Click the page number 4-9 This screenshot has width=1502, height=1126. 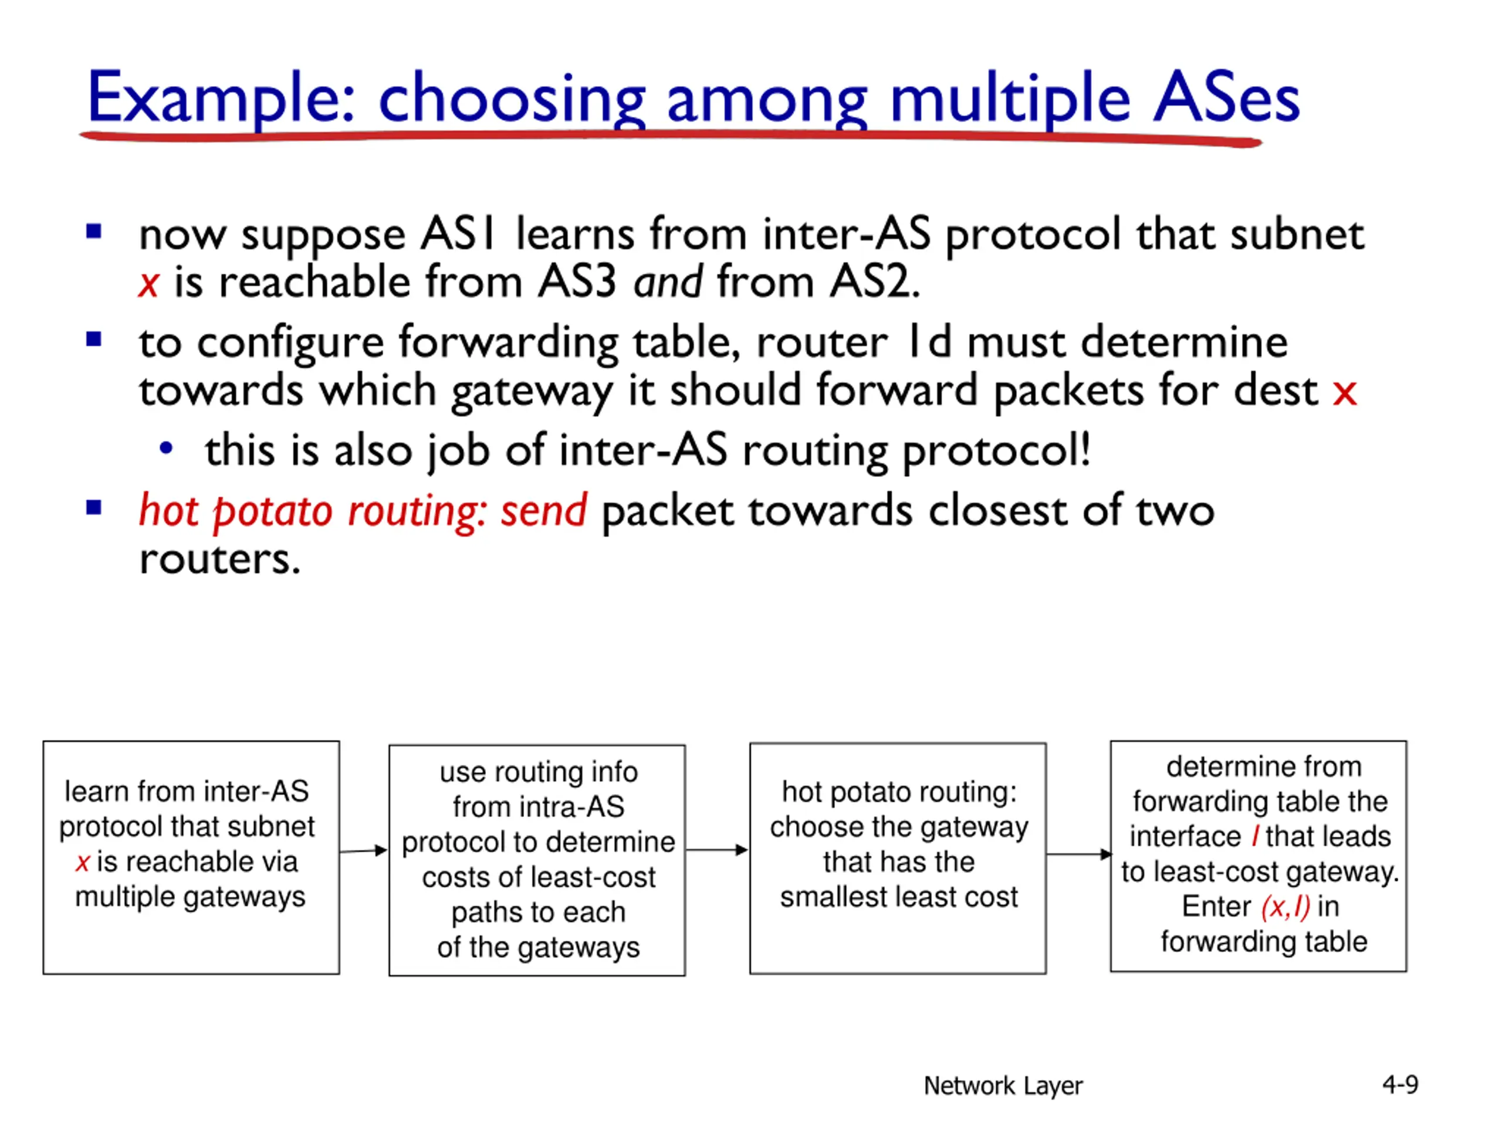(1400, 1084)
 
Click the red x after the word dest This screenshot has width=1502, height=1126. (1345, 392)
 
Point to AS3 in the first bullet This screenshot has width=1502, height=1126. (577, 281)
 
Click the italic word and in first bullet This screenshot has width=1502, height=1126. (668, 281)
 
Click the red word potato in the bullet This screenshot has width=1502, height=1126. (272, 510)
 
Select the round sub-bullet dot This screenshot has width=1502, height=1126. (165, 448)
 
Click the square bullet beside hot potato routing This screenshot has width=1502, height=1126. (94, 507)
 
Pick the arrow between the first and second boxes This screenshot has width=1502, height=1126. (364, 850)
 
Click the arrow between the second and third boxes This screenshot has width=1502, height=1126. (717, 850)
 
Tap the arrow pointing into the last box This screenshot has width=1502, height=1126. (1078, 854)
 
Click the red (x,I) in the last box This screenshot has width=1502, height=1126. (1285, 907)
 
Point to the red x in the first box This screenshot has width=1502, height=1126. (83, 863)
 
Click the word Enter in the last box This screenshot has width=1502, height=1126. (1216, 907)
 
